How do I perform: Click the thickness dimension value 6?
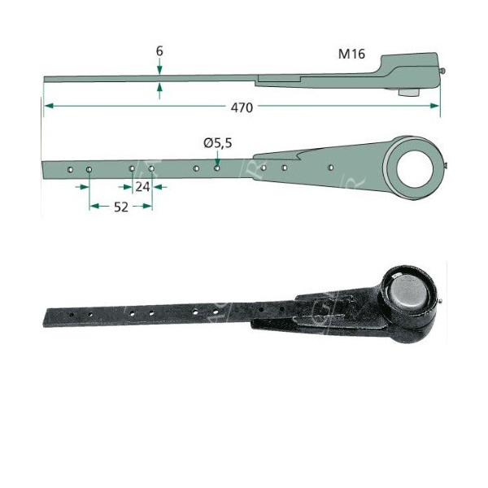coord(159,50)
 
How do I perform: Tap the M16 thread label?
coord(351,54)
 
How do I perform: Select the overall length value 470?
coord(242,107)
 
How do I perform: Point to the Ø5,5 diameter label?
coord(218,143)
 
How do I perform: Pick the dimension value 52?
coord(120,207)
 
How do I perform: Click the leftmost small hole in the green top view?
coord(71,170)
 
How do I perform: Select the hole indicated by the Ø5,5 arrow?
coord(217,169)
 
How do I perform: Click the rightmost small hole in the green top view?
coord(330,168)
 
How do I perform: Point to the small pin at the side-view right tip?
coord(444,71)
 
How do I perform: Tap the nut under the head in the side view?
coord(405,92)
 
